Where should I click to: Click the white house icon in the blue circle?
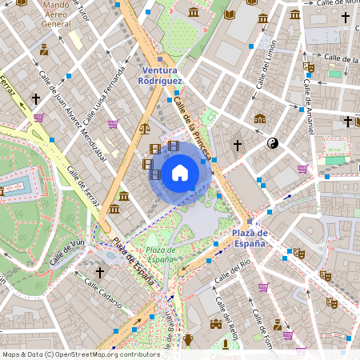(x=180, y=173)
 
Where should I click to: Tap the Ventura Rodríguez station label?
(x=160, y=76)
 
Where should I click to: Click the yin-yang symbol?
(x=272, y=143)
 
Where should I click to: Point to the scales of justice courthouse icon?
(x=144, y=127)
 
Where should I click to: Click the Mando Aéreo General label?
(x=56, y=14)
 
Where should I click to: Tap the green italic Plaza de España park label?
(x=161, y=254)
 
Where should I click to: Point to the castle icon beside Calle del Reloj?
(x=215, y=324)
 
